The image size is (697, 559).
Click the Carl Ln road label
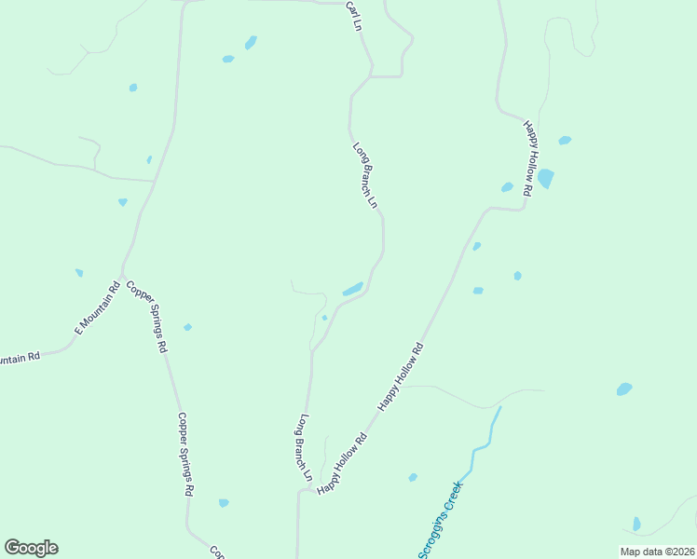pyautogui.click(x=352, y=18)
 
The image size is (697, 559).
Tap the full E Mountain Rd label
pyautogui.click(x=98, y=307)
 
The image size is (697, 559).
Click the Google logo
pyautogui.click(x=31, y=548)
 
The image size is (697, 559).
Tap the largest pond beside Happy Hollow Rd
pyautogui.click(x=545, y=178)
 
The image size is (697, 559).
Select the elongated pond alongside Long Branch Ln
pyautogui.click(x=352, y=290)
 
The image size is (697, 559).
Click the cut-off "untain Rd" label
pyautogui.click(x=20, y=358)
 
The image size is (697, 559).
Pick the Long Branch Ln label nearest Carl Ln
pyautogui.click(x=365, y=174)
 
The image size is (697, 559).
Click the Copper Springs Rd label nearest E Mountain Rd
pyautogui.click(x=146, y=316)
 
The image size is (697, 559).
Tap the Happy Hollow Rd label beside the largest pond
pyautogui.click(x=528, y=157)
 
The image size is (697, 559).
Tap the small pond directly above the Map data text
pyautogui.click(x=636, y=524)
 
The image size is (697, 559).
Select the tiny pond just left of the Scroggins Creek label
pyautogui.click(x=413, y=478)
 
